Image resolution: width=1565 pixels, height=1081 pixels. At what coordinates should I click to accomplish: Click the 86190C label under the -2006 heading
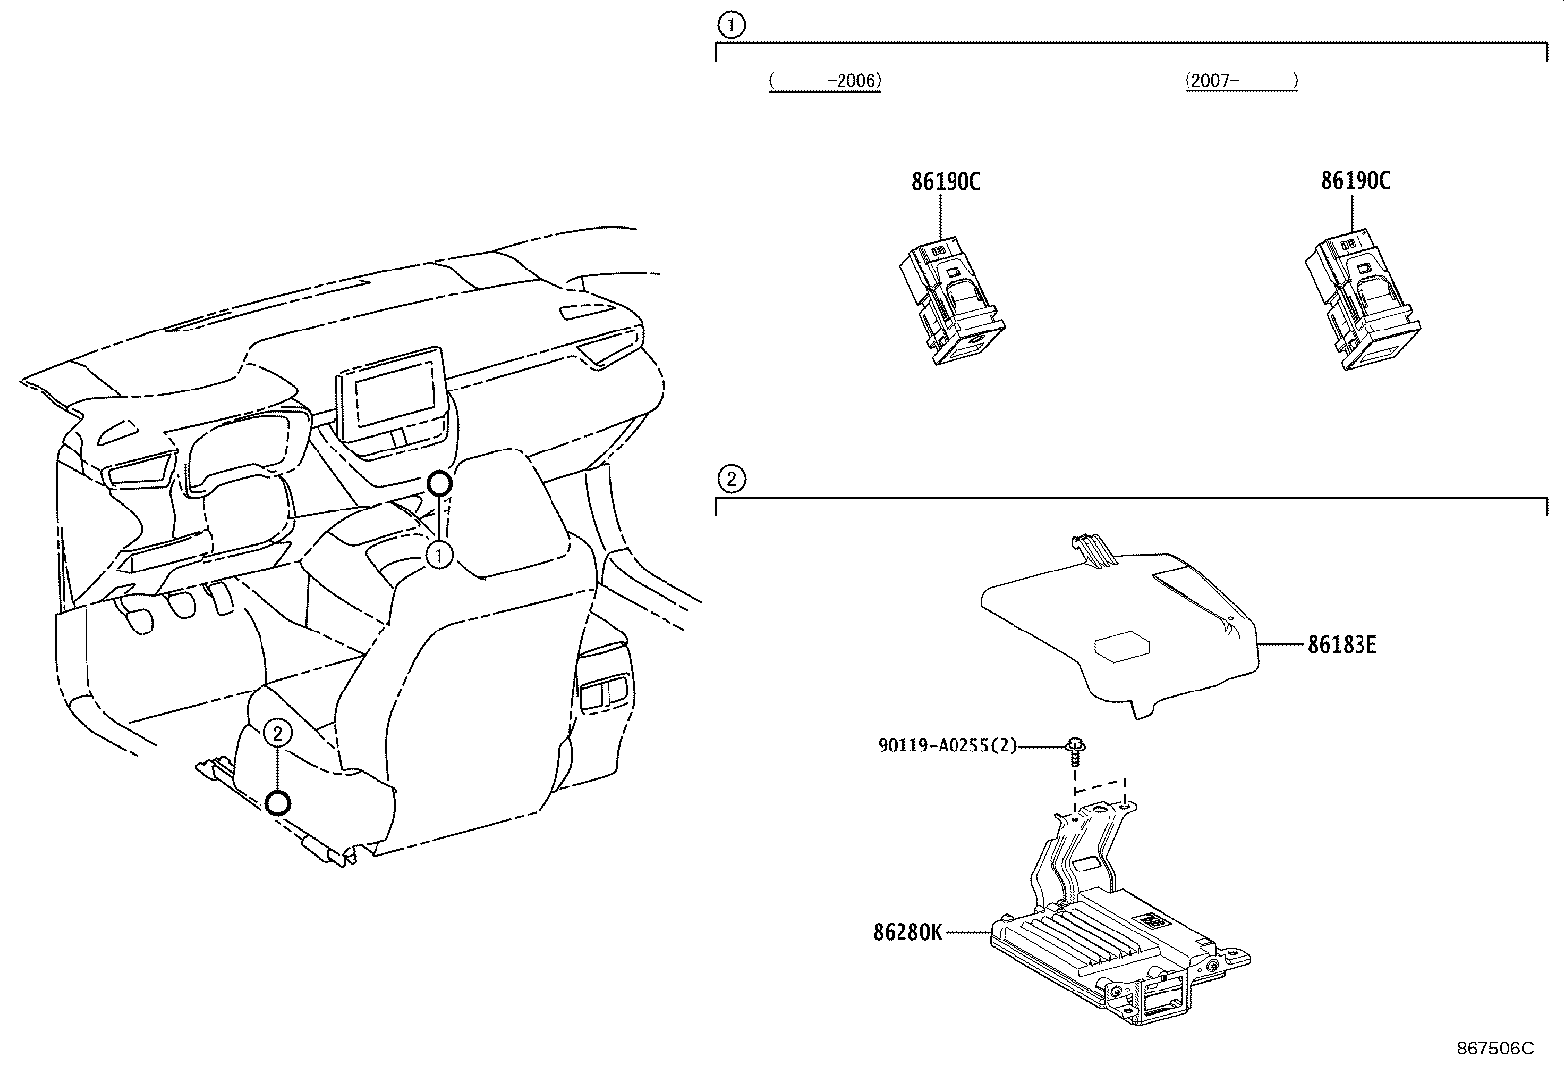pyautogui.click(x=946, y=181)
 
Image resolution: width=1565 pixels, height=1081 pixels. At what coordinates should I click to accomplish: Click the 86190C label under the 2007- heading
pyautogui.click(x=1355, y=181)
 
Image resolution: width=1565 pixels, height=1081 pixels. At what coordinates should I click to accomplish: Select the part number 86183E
pyautogui.click(x=1342, y=645)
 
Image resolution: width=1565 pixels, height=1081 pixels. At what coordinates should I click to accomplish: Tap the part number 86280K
pyautogui.click(x=906, y=931)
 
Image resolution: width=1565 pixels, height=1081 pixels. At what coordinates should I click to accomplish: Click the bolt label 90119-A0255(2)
pyautogui.click(x=947, y=746)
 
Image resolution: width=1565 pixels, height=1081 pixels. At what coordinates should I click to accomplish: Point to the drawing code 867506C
pyautogui.click(x=1494, y=1049)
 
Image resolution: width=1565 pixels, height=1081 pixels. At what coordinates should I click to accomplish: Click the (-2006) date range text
pyautogui.click(x=824, y=81)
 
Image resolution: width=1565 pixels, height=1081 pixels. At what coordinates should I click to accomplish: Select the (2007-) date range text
pyautogui.click(x=1241, y=81)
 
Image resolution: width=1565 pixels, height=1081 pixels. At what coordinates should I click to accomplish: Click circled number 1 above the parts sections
pyautogui.click(x=730, y=23)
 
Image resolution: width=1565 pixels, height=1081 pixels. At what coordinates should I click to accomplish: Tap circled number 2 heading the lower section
pyautogui.click(x=730, y=480)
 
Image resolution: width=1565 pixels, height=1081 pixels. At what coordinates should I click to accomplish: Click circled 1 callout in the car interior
pyautogui.click(x=439, y=556)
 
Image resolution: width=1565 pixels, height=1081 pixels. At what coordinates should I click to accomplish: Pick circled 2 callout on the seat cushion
pyautogui.click(x=278, y=732)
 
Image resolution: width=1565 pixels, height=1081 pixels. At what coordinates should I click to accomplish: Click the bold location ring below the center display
pyautogui.click(x=439, y=483)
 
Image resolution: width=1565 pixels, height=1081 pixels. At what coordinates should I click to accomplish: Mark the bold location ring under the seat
pyautogui.click(x=278, y=804)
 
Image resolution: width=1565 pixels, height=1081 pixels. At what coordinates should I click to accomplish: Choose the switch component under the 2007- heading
pyautogui.click(x=1361, y=302)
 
